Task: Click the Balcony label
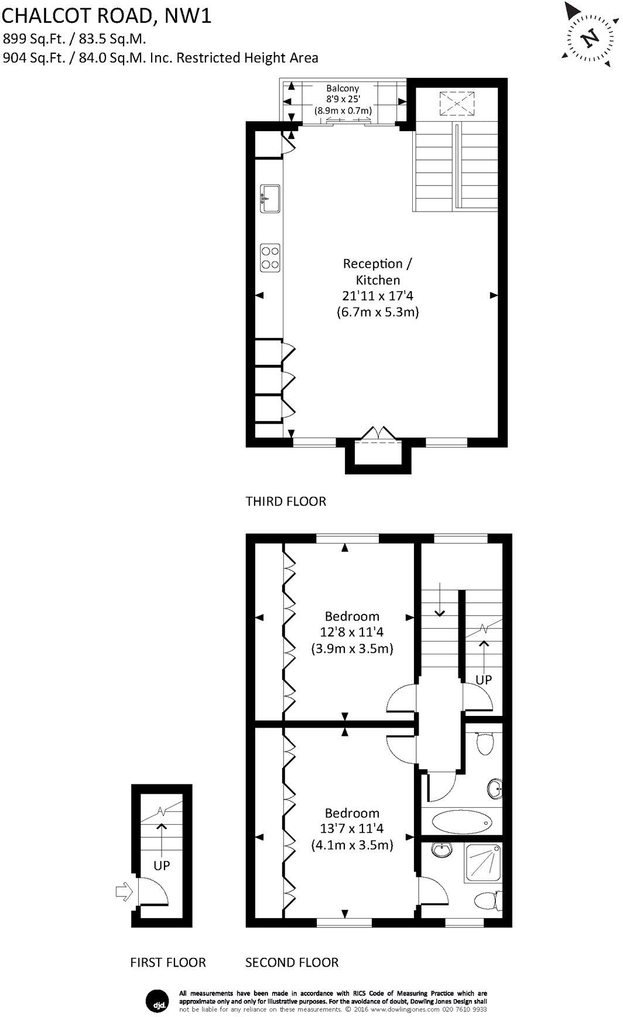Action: [343, 88]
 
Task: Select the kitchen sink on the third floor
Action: [270, 198]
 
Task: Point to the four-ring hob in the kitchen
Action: [270, 257]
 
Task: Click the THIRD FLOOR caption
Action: [286, 501]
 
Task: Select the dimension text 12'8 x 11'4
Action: [351, 633]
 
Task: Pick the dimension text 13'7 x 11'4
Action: [351, 829]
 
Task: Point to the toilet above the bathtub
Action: [484, 744]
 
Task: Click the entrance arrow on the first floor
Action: [124, 892]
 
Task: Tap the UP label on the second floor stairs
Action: [484, 680]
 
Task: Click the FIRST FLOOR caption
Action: [168, 963]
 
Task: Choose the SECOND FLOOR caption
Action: [292, 963]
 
